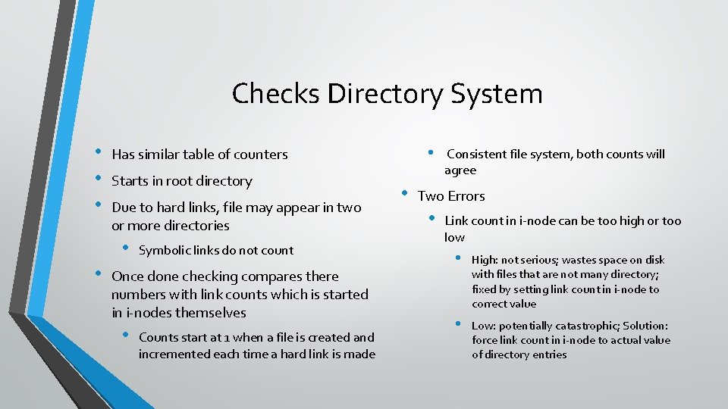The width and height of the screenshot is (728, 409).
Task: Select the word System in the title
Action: point(497,94)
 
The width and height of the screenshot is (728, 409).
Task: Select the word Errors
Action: point(466,196)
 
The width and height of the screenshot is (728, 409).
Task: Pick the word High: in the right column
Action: point(487,260)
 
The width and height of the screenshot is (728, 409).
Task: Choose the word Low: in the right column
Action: point(485,326)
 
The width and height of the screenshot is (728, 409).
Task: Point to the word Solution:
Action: point(645,326)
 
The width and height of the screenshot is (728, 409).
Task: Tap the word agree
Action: point(460,170)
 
